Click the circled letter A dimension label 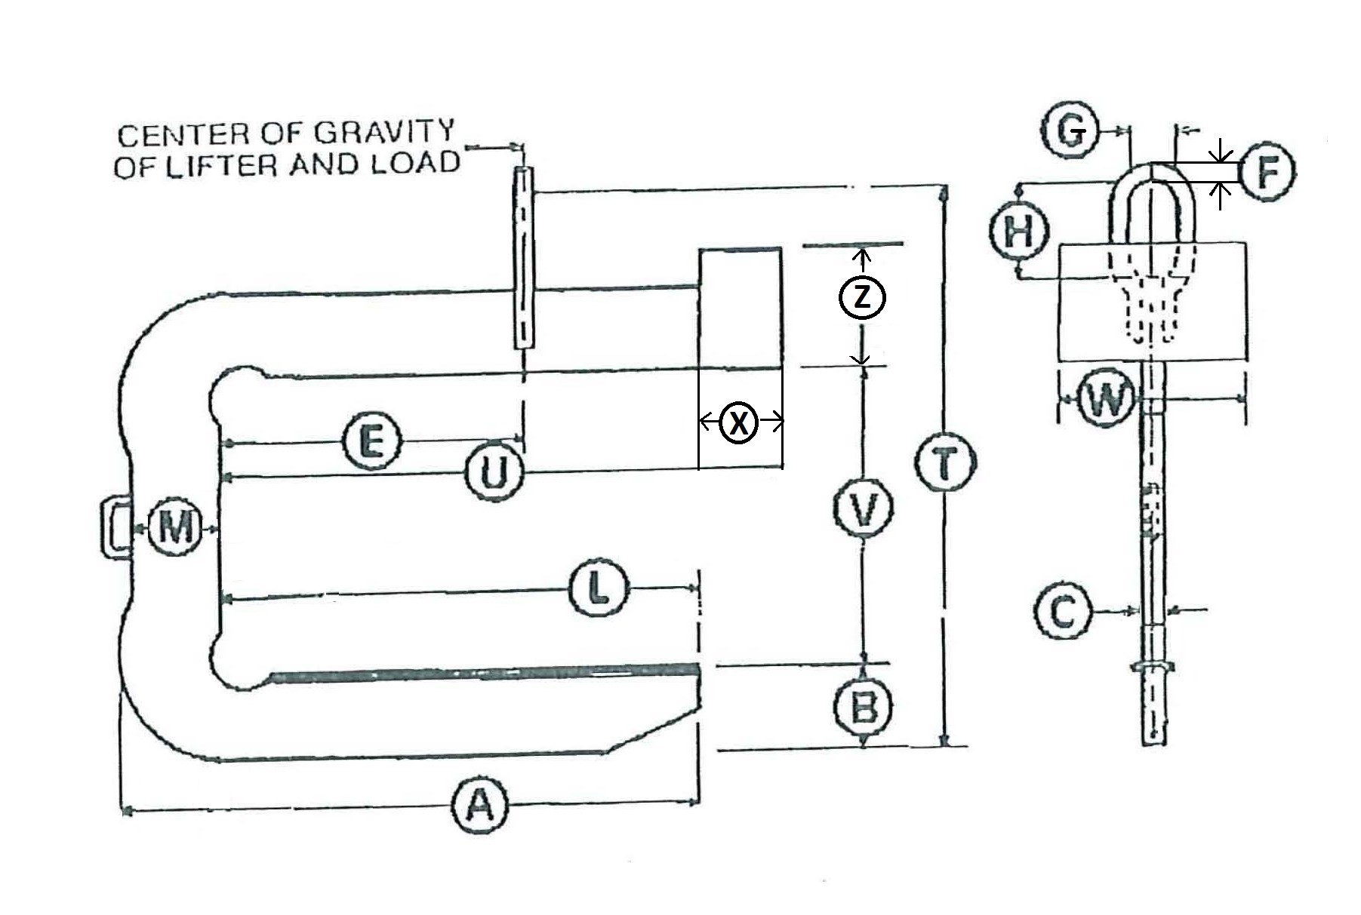(480, 806)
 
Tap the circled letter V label (864, 509)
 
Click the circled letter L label (599, 588)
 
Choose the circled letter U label (493, 474)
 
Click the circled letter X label (739, 422)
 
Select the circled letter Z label (862, 297)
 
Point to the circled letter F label (1267, 173)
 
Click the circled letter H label (1019, 231)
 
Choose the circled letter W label (1107, 399)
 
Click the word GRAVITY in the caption (383, 132)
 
